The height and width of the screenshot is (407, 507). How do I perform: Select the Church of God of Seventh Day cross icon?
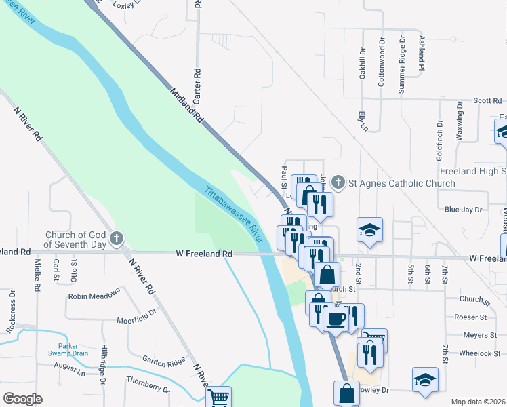(117, 238)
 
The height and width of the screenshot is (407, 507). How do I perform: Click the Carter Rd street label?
(197, 85)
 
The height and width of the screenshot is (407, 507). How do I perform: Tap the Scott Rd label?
(487, 100)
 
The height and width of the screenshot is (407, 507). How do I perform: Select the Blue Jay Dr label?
(461, 210)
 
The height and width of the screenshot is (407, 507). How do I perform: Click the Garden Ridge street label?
(163, 360)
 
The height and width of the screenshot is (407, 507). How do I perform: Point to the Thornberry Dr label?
(147, 387)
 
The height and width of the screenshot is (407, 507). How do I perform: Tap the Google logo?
(22, 399)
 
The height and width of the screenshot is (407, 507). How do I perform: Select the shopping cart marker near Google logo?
(218, 398)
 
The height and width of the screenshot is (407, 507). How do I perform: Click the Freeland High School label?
(472, 171)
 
